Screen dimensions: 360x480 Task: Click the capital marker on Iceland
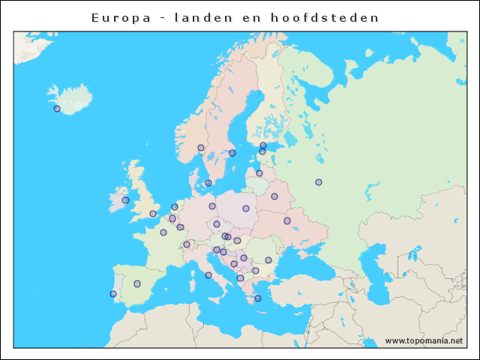point(57,109)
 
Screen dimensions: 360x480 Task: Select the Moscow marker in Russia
point(319,182)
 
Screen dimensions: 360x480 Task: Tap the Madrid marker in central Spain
point(137,283)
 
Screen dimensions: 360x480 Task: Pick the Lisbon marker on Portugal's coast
point(113,294)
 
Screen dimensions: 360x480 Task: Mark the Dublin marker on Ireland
point(125,200)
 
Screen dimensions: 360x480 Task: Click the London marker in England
point(153,214)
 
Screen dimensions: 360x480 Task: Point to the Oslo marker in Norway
point(201,148)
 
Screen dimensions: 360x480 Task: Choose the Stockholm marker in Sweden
point(232,153)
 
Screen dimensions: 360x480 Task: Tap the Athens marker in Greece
point(258,298)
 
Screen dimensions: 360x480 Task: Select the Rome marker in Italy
point(208,275)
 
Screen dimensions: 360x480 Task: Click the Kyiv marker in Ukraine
point(287,220)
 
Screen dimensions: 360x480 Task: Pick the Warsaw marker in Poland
point(246,208)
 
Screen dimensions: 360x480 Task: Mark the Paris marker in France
point(163,232)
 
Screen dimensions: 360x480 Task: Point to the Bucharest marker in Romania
point(268,260)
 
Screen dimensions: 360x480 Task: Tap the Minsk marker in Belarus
point(274,196)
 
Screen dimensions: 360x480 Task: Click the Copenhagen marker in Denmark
point(208,183)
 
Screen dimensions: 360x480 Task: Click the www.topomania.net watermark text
point(424,340)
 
